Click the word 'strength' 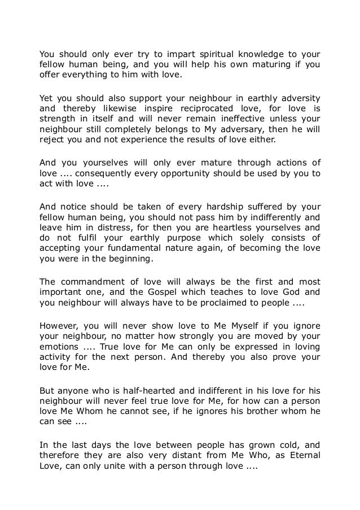(58, 119)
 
